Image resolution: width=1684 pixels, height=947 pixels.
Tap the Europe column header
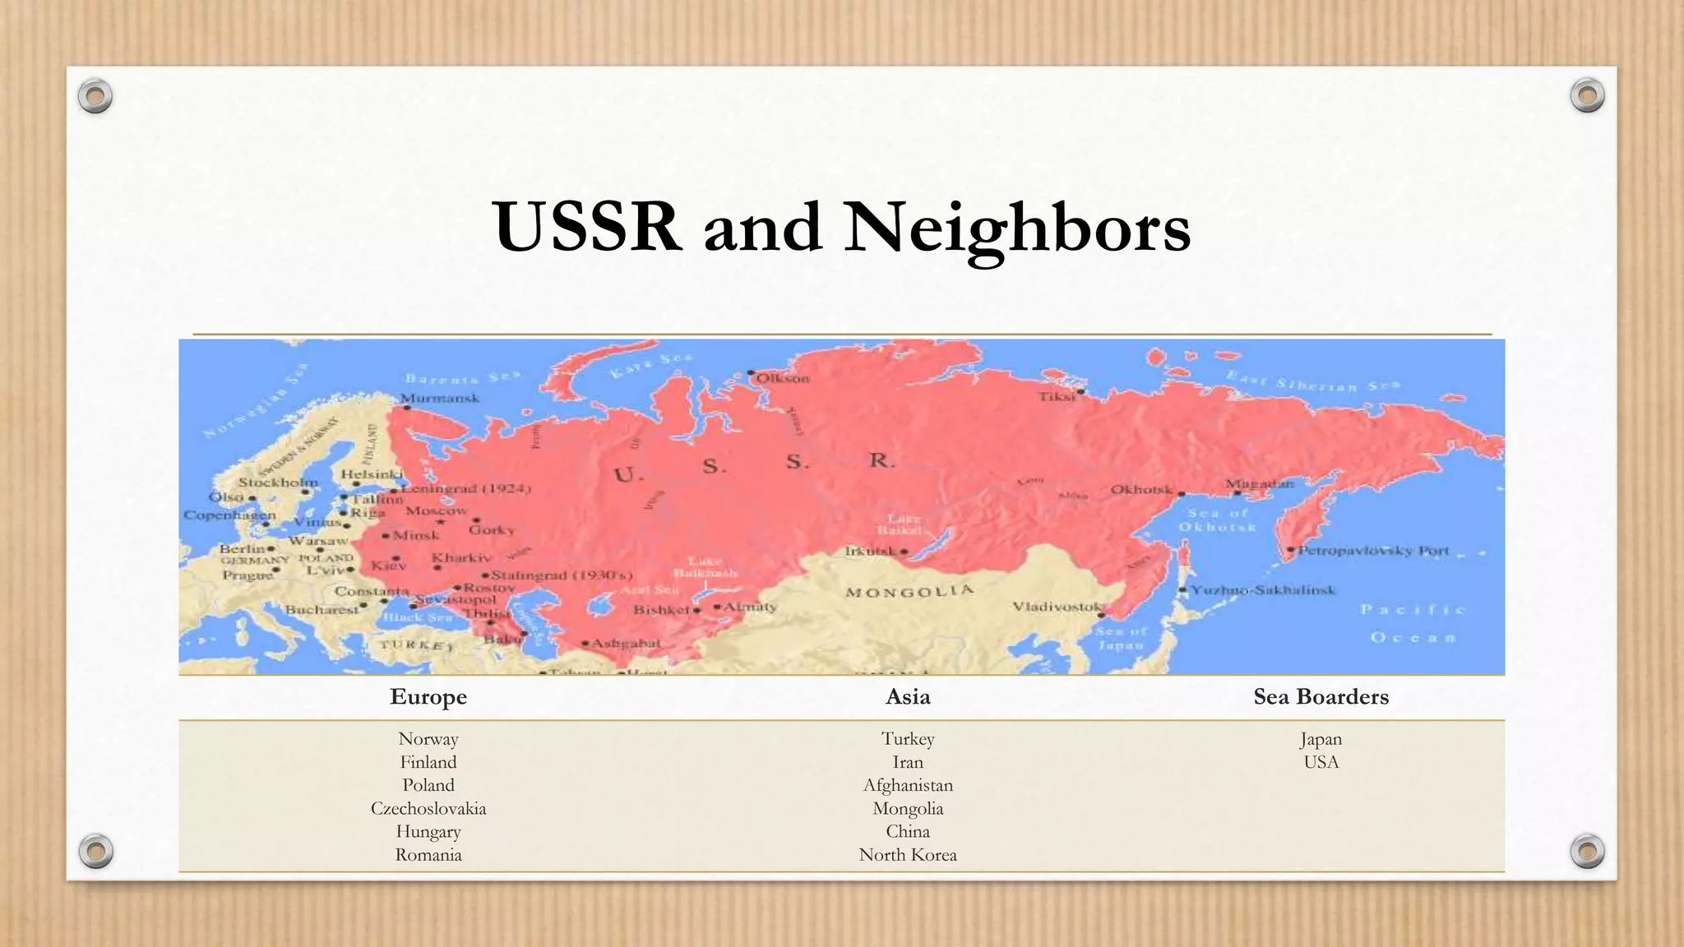coord(428,697)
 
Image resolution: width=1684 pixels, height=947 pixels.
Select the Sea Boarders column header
coord(1321,697)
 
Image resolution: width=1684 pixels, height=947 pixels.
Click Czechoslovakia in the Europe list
coord(428,808)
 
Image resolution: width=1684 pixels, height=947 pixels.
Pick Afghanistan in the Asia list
coord(908,785)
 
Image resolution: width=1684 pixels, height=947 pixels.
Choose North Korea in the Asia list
coord(908,855)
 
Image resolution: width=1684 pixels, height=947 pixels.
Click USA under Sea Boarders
coord(1321,762)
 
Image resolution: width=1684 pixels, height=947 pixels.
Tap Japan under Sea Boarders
coord(1321,739)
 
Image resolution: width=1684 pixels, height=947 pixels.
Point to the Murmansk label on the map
coord(440,398)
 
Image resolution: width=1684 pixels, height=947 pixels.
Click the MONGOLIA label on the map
coord(909,591)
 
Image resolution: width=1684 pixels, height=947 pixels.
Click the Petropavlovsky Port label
coord(1373,551)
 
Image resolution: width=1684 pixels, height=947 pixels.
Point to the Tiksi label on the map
coord(1057,396)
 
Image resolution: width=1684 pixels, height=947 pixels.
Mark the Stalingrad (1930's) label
coord(562,575)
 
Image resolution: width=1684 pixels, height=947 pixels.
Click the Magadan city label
coord(1260,483)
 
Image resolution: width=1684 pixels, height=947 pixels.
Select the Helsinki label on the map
coord(372,474)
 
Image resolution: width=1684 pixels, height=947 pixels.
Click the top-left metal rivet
coord(95,96)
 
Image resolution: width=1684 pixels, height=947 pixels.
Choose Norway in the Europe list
coord(428,739)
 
